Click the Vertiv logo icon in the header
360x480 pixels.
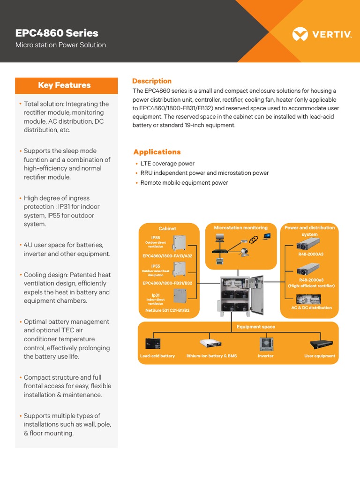coord(300,34)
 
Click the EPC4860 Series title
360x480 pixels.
coord(57,33)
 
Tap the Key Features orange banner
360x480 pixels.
coord(66,85)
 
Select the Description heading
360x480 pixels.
coord(152,81)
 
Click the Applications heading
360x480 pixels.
coord(157,152)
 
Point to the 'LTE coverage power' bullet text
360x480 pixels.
coord(167,164)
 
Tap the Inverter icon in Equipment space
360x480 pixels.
coord(266,344)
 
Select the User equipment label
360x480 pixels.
coord(320,356)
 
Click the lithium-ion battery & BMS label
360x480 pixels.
coord(211,356)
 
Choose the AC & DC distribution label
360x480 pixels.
coord(311,307)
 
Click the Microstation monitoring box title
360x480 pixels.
coord(240,228)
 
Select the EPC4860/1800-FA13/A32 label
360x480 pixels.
coord(167,256)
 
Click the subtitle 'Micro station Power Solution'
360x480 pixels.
coord(60,45)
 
